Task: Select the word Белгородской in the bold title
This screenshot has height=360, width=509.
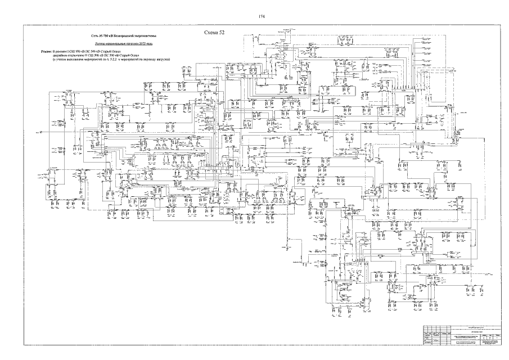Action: click(x=115, y=37)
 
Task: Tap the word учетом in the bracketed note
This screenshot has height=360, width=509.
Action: click(x=60, y=58)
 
